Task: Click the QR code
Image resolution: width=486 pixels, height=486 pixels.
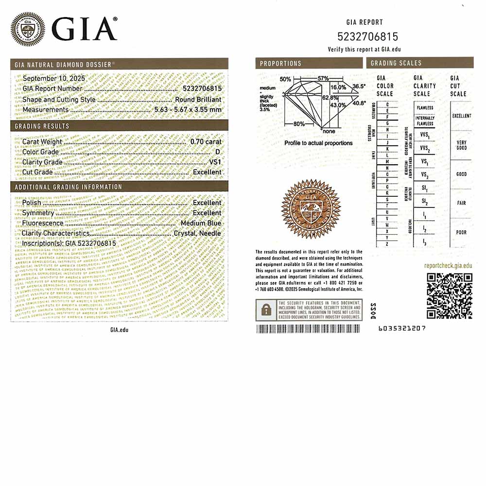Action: (450, 295)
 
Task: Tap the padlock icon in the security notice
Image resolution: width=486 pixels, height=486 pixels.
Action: (266, 310)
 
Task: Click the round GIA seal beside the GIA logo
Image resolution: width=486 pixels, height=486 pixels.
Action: (28, 28)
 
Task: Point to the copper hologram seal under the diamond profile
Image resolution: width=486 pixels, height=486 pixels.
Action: (311, 209)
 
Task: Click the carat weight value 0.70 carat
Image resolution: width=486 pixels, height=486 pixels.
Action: (206, 142)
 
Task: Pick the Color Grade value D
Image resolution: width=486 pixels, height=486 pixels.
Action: (218, 152)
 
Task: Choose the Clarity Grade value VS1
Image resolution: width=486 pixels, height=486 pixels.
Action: (214, 162)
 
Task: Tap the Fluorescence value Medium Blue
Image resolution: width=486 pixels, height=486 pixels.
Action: (201, 223)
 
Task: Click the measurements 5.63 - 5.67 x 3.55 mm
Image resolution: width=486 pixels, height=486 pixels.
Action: (188, 109)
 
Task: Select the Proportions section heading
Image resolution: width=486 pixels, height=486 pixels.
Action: (280, 63)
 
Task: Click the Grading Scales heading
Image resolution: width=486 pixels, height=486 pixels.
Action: (396, 63)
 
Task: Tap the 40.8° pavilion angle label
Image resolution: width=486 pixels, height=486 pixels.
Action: (359, 103)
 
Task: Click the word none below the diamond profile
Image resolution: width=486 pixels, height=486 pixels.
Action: (329, 131)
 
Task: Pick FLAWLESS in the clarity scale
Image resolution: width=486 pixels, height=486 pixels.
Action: (425, 108)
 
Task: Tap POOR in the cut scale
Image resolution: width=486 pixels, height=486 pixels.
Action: (461, 232)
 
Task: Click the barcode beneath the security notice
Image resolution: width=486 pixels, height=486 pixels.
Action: (309, 329)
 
